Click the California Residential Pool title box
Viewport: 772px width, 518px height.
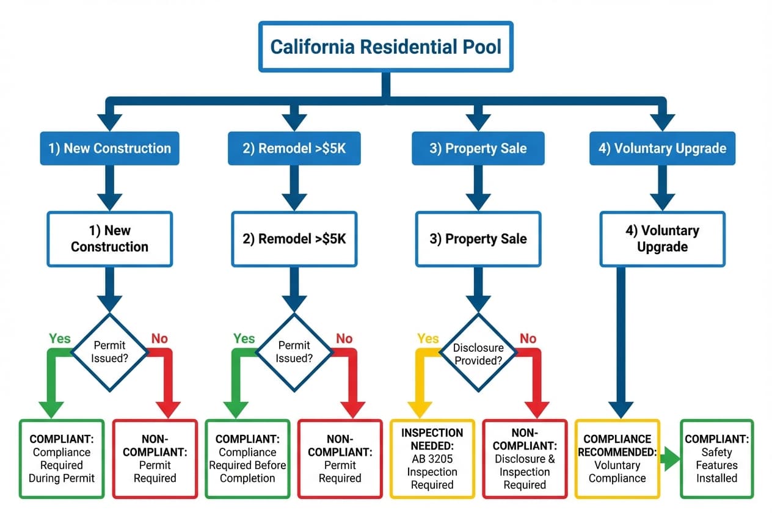point(385,47)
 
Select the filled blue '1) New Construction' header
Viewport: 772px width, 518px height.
point(110,148)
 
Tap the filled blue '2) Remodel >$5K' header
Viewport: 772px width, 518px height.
point(294,148)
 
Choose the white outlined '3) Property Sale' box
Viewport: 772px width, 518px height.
point(478,239)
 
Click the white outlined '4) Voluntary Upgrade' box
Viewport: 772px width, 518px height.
point(662,239)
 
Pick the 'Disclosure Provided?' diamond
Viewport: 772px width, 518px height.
point(478,353)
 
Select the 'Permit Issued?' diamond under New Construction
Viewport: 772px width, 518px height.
point(110,352)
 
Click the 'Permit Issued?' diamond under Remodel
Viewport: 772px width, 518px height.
point(294,352)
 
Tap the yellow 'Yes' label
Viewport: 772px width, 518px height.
point(428,338)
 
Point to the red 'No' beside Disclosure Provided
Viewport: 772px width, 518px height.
point(528,338)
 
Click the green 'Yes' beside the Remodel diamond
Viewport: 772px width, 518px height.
point(244,338)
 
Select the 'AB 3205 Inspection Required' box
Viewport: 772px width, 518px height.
point(432,458)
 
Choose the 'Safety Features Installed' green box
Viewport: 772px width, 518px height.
point(717,458)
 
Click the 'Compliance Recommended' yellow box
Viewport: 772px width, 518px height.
point(617,458)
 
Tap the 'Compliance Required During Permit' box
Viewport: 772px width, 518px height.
point(62,458)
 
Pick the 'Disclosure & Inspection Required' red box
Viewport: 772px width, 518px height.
point(525,458)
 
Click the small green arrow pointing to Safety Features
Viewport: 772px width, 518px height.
point(671,459)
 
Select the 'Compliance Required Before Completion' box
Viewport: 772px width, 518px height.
point(247,458)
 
